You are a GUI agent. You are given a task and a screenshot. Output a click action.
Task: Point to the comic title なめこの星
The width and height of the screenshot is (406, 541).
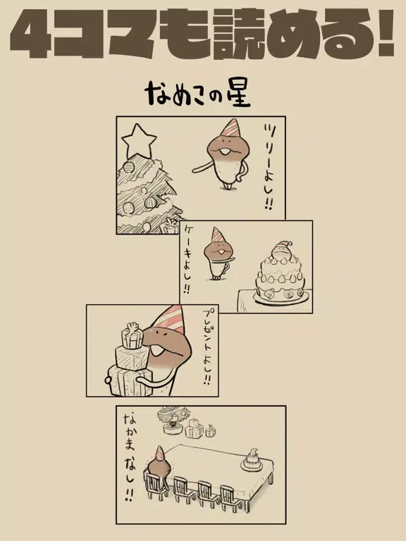click(198, 94)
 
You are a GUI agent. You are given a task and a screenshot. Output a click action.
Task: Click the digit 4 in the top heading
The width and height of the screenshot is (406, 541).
click(32, 34)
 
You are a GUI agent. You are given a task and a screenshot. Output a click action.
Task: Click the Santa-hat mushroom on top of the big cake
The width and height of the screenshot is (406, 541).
click(281, 250)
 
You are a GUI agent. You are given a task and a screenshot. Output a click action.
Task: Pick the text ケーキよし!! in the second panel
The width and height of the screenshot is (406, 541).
click(188, 259)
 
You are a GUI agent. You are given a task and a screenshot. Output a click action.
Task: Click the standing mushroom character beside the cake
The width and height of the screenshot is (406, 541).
click(217, 254)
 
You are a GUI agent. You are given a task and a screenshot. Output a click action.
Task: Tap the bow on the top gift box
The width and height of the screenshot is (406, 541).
click(133, 326)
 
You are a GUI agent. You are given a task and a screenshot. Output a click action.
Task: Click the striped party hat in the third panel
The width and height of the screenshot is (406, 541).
click(170, 320)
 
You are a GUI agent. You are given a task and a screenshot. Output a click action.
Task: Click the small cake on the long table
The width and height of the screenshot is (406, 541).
click(252, 460)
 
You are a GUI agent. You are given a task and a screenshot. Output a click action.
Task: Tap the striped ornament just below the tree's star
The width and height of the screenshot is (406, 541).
click(128, 167)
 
